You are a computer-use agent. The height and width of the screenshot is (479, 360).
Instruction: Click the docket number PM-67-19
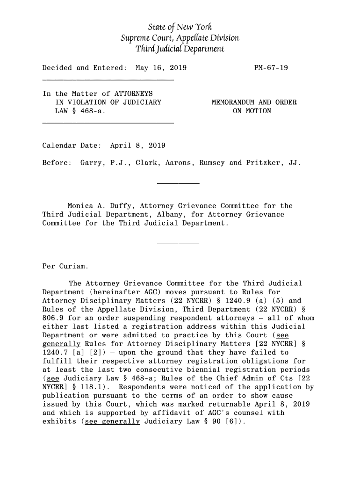coord(271,68)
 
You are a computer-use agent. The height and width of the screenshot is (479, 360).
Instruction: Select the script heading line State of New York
coord(180,27)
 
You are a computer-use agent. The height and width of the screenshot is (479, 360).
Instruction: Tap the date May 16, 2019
coord(160,68)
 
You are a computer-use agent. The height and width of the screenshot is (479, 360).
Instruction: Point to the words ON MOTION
coord(252,111)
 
